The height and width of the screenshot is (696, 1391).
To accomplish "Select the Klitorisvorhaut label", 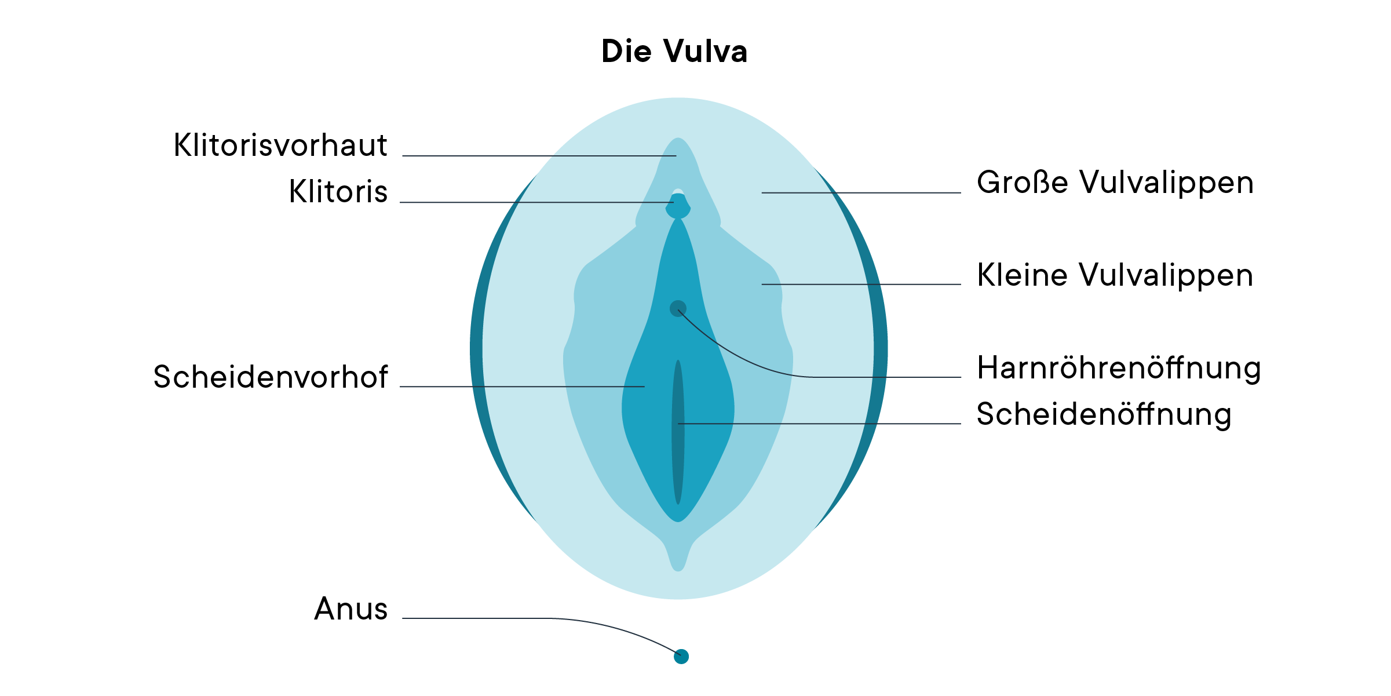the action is (x=280, y=145).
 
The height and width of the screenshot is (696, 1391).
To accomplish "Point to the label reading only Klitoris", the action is (x=338, y=192).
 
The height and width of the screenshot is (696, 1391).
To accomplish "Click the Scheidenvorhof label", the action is (x=271, y=377).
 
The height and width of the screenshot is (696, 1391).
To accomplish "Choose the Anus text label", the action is (x=351, y=609).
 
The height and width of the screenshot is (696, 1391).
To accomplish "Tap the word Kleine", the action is (x=1023, y=275).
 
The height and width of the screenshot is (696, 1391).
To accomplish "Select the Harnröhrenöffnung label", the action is (x=1119, y=369).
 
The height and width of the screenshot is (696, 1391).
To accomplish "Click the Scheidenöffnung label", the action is (x=1104, y=415).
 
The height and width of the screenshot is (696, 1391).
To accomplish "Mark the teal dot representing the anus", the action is (x=681, y=657).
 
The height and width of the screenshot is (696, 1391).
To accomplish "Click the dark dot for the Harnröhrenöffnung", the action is (x=677, y=308).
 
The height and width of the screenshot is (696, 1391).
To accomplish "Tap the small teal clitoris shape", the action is (x=678, y=207).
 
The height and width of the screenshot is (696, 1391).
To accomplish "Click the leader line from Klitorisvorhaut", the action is (x=539, y=156).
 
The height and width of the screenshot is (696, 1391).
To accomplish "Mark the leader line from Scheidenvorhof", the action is (x=521, y=387).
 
